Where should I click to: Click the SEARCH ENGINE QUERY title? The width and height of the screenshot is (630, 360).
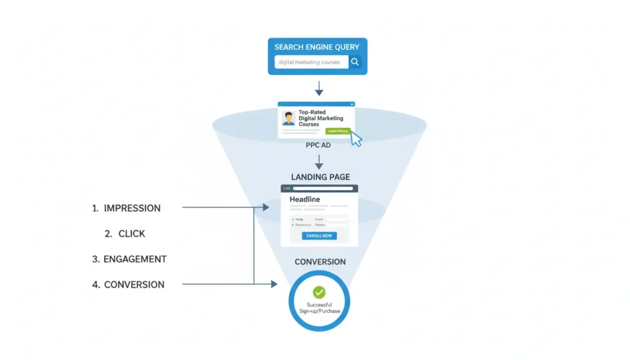[317, 47]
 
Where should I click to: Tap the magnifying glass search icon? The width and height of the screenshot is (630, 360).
[355, 62]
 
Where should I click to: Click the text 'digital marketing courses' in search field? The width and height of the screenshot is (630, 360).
[309, 62]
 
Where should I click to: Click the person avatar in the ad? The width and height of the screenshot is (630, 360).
[289, 118]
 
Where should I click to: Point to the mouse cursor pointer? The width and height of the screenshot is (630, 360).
[356, 138]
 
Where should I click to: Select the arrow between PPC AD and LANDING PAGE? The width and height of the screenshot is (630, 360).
[319, 162]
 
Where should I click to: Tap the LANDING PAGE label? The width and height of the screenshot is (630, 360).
[320, 177]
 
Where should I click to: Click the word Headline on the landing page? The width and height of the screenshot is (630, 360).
[305, 199]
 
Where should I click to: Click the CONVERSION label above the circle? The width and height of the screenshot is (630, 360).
[320, 262]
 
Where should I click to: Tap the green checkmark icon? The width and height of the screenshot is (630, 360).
[319, 292]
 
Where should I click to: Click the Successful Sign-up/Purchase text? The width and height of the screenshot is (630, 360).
[319, 308]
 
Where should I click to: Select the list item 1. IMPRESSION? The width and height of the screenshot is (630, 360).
[126, 208]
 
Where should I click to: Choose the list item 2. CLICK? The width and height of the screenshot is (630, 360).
[125, 234]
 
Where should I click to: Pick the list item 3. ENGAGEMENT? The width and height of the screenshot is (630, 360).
[129, 259]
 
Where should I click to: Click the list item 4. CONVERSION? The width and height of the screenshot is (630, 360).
[128, 284]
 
